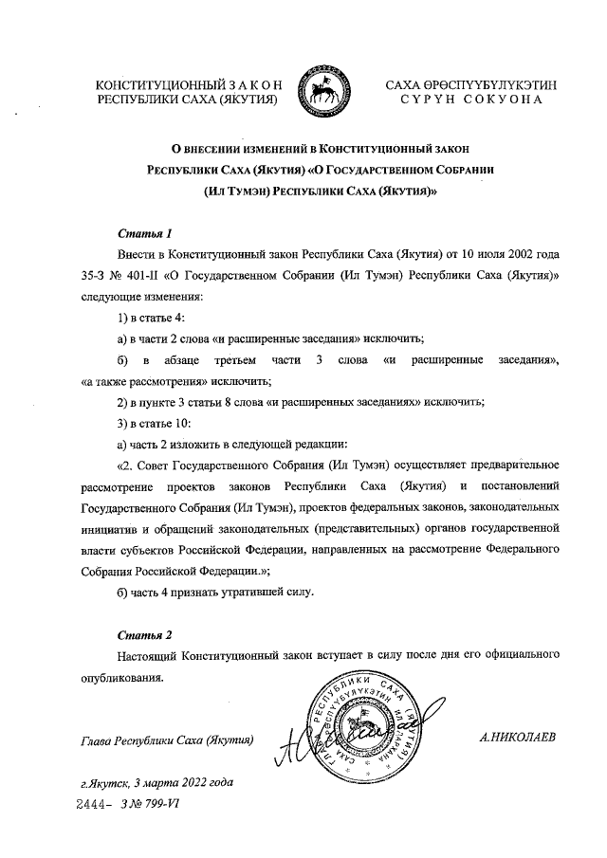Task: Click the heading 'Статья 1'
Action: [x=145, y=233]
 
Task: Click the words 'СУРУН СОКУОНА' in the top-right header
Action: [x=470, y=100]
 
